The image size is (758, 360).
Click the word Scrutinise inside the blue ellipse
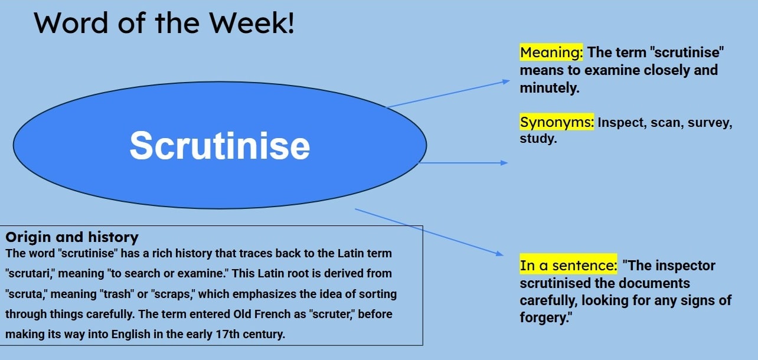(220, 145)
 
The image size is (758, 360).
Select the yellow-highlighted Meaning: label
(551, 53)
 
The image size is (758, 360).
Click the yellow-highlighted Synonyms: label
(557, 123)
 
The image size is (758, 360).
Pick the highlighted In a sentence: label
(568, 266)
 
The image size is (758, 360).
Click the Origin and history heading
(71, 237)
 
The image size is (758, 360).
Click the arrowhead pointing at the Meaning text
(505, 81)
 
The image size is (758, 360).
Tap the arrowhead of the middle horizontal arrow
(504, 163)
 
